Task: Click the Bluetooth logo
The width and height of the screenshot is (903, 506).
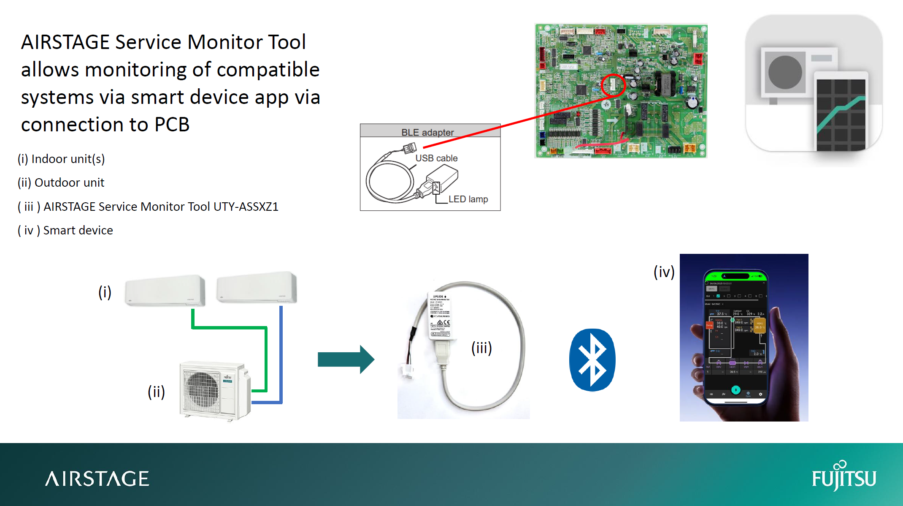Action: [x=592, y=360]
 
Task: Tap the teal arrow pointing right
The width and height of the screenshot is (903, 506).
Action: [x=346, y=359]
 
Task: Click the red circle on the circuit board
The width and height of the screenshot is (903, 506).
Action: [x=612, y=85]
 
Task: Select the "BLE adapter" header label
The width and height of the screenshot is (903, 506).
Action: [x=427, y=132]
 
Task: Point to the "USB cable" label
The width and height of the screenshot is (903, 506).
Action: [x=436, y=158]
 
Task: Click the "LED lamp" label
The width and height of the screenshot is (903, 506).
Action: [x=468, y=199]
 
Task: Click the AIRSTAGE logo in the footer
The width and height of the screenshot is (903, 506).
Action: [x=97, y=479]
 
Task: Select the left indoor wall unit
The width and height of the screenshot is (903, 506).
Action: [x=165, y=290]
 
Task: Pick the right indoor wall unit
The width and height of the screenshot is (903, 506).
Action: [x=257, y=287]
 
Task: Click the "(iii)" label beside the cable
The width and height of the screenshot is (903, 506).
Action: [x=481, y=348]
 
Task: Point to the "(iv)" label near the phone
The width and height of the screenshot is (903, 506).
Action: [x=664, y=272]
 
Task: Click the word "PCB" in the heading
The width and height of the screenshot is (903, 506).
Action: [x=172, y=125]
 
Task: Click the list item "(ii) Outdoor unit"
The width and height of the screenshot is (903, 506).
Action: [x=61, y=182]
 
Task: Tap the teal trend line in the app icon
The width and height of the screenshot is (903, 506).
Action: [x=840, y=114]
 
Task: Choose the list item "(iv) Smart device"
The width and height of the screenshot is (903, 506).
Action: [x=65, y=230]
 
